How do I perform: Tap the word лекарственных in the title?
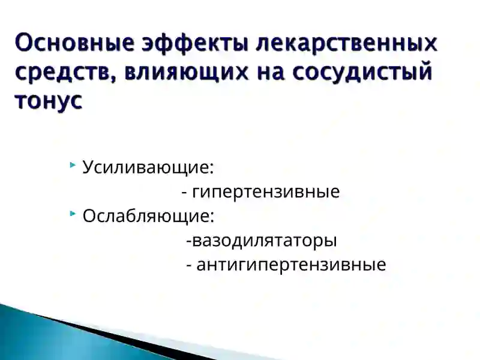344,44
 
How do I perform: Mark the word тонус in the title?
48,101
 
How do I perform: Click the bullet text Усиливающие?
148,167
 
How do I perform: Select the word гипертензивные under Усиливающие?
266,192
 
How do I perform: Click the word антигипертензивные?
291,265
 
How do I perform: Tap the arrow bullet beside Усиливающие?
73,165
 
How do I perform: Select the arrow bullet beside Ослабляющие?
73,214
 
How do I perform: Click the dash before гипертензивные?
184,193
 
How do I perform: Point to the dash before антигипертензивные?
190,266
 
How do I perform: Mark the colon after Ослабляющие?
212,218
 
